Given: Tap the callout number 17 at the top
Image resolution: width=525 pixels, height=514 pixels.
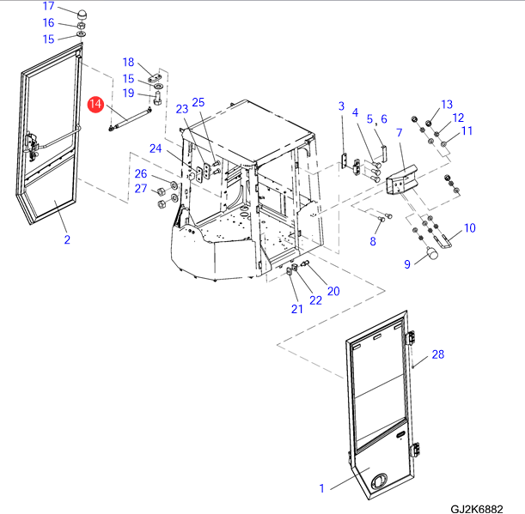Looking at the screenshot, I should [x=49, y=6].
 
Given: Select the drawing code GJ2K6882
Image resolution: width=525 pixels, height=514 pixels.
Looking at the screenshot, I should [x=474, y=507].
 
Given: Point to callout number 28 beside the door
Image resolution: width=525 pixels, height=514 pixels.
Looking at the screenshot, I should [x=438, y=354].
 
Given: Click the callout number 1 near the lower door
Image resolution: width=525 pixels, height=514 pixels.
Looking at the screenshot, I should [x=322, y=488].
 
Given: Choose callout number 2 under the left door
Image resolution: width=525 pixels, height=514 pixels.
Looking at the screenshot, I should [x=66, y=239].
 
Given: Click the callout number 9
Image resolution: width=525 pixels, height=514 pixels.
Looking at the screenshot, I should [x=407, y=264].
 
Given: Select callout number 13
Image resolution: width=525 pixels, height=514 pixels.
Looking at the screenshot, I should [x=446, y=104].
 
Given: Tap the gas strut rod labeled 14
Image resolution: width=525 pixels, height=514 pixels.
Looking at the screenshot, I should [x=131, y=118].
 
